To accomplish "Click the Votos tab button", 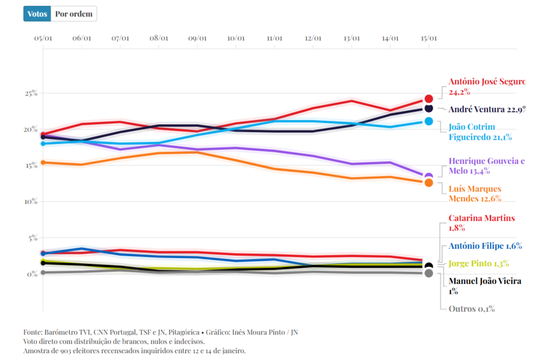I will coord(37,14).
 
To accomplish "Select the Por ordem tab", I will coord(73,14).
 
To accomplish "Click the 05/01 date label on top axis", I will coord(43,38).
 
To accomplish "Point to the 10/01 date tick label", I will coord(236,38).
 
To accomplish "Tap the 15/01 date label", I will coord(429,38).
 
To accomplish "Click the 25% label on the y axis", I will coord(30,93).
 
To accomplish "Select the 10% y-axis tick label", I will coord(30,202).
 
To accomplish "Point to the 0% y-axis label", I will coord(32,274).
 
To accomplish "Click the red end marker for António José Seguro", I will coord(429,99).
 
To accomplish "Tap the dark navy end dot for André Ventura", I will coord(429,109).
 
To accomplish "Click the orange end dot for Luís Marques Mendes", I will coord(429,183).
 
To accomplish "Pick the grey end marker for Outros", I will coord(429,273).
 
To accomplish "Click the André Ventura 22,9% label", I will coord(486,109).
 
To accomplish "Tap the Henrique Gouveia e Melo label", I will coord(486,166).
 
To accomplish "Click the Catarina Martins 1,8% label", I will coord(481,223).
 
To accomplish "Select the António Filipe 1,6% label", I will coord(484,246).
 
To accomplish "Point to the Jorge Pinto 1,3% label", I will coord(479,263).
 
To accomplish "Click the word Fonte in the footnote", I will coord(34,332).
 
